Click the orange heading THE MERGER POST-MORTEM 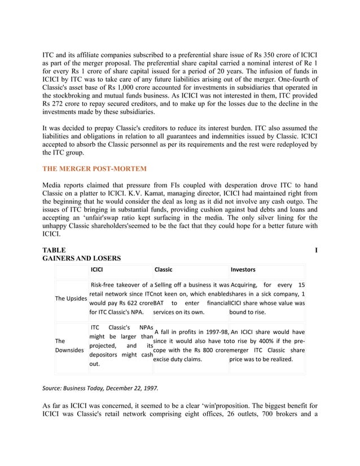coord(95,169)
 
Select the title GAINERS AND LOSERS coord(81,258)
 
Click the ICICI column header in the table coord(97,270)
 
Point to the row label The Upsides coord(71,298)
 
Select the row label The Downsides coord(67,346)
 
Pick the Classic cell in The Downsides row coord(191,345)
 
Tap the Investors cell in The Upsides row coord(267,298)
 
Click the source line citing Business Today coord(101,389)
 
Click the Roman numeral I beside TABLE coord(315,249)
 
